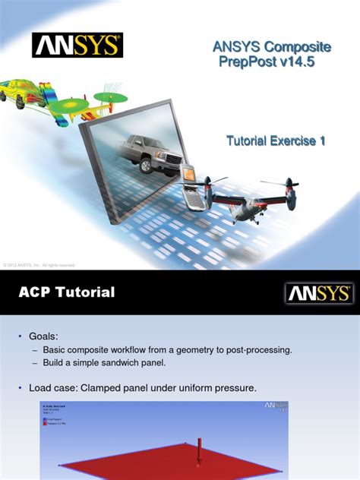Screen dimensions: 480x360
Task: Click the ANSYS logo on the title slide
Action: tap(77, 44)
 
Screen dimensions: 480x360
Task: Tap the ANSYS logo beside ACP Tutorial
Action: tap(317, 293)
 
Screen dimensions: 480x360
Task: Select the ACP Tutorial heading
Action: tap(67, 292)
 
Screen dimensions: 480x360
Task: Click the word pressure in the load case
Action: tap(234, 388)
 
